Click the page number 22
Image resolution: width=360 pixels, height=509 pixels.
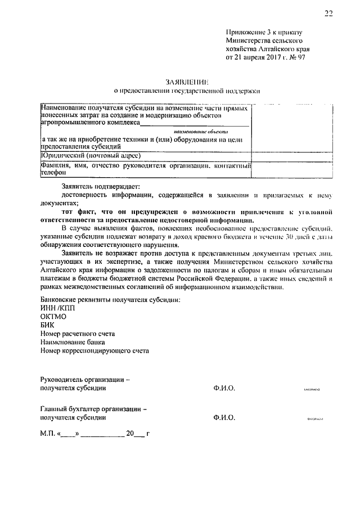coord(328,14)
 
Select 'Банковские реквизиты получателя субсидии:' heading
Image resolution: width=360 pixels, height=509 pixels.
coord(111,299)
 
